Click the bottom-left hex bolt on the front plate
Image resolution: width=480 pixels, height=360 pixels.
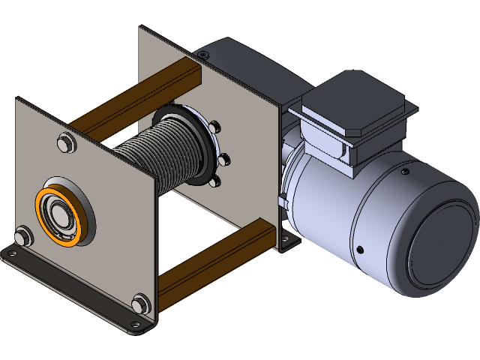[23, 236]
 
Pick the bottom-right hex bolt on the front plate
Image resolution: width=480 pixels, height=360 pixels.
[139, 303]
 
